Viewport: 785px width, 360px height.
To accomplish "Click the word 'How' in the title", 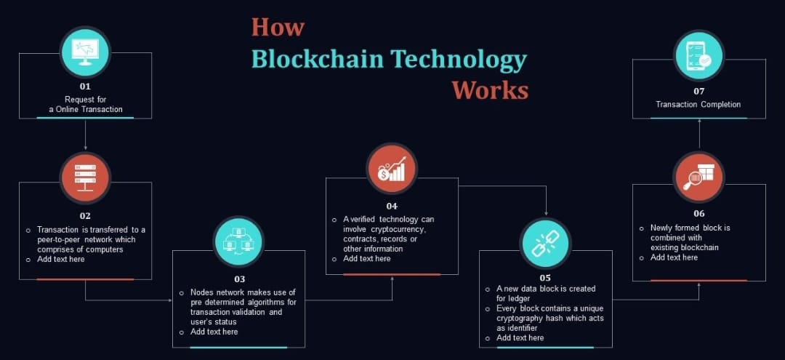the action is [278, 27].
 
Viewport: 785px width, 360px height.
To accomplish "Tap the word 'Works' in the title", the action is [489, 90].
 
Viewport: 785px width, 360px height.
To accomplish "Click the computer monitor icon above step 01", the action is [85, 52].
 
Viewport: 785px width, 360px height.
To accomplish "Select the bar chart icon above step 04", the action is [392, 169].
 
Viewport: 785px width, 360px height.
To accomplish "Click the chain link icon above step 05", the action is [545, 243].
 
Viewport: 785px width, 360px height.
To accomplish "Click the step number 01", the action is [85, 87].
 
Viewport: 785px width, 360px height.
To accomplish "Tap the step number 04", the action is [392, 206].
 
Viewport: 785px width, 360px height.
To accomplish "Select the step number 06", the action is [699, 214].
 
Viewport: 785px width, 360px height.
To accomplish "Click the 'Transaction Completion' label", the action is [699, 105].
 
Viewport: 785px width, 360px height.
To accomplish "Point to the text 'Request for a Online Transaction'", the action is [85, 104].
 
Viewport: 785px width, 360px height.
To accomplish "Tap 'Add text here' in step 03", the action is [214, 332].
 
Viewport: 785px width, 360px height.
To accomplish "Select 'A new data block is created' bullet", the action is [542, 289].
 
